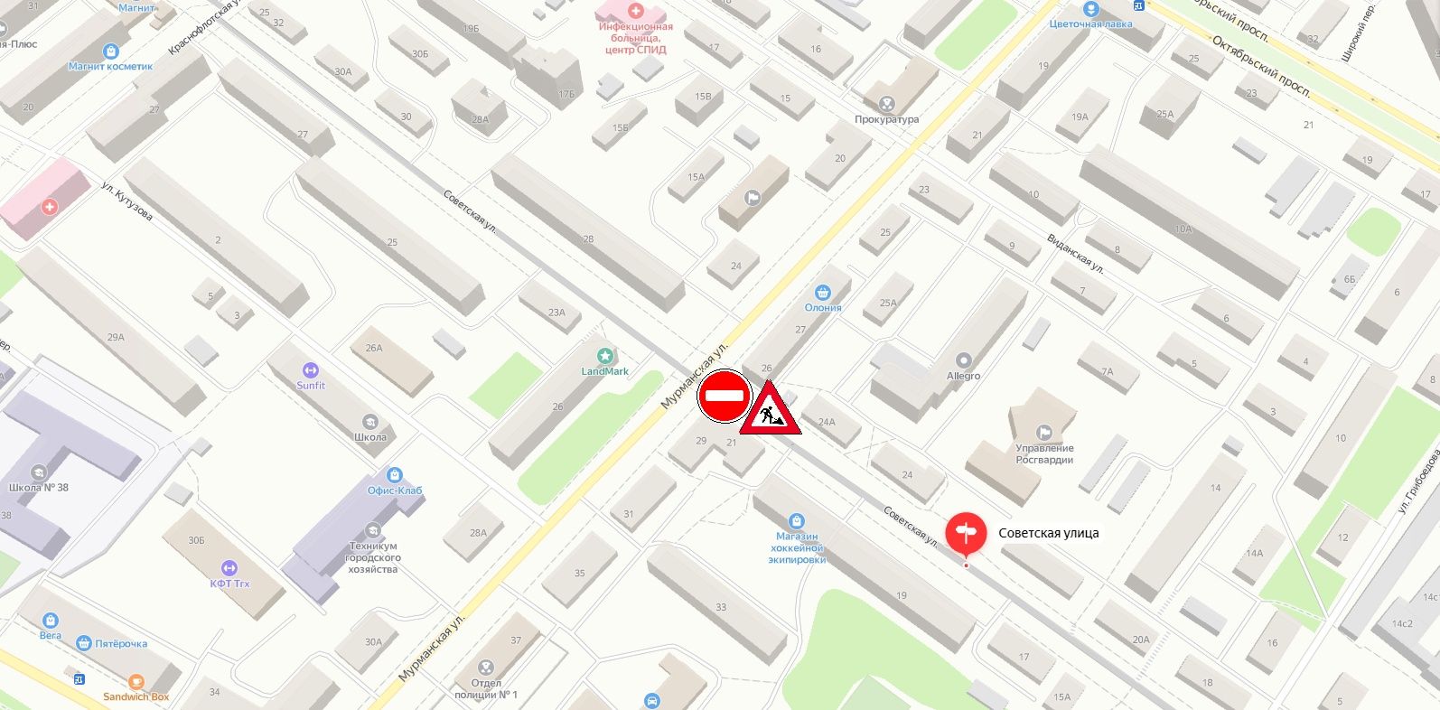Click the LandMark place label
[x=605, y=371]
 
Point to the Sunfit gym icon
[x=311, y=370]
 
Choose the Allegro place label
[x=963, y=376]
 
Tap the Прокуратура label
[x=886, y=119]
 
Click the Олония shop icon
[x=822, y=293]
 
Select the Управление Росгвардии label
[x=1044, y=453]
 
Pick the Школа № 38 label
[x=38, y=488]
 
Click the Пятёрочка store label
[x=121, y=644]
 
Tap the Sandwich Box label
[x=136, y=697]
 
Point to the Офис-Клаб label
[x=395, y=490]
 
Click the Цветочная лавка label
[x=1090, y=24]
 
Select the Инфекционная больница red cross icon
[x=635, y=11]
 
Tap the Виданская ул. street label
[x=1075, y=254]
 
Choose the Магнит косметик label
[x=110, y=66]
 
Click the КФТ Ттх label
[x=229, y=584]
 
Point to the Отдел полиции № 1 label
[x=486, y=688]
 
